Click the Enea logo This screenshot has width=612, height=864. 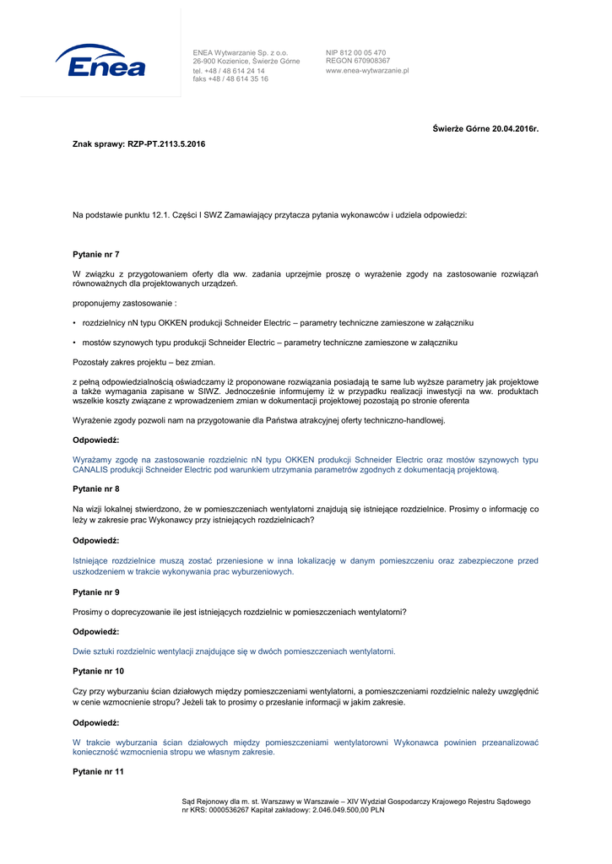(x=100, y=62)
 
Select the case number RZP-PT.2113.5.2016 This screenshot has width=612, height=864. (x=166, y=144)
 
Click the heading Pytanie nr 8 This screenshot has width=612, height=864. (x=96, y=489)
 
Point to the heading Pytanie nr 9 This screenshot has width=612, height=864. (x=96, y=592)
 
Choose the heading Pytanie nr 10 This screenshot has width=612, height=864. (x=99, y=671)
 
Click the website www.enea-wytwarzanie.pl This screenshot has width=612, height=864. (x=367, y=71)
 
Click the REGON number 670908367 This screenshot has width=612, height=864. (x=370, y=61)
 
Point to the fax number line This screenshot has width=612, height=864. (x=230, y=79)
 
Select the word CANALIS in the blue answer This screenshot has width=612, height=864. (x=92, y=470)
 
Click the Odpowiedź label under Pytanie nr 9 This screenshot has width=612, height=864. (x=96, y=632)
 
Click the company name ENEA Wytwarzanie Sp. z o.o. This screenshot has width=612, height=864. (x=241, y=52)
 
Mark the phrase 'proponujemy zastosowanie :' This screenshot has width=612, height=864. (x=125, y=303)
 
